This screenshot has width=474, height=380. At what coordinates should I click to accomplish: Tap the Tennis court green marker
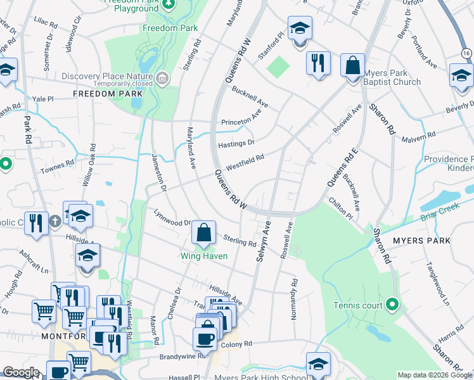[392, 305]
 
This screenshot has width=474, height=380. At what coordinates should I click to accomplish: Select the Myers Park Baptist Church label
[392, 77]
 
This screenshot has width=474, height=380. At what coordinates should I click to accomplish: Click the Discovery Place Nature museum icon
[162, 78]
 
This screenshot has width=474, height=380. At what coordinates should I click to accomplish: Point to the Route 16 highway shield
[466, 55]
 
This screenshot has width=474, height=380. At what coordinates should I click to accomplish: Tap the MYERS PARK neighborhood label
[421, 241]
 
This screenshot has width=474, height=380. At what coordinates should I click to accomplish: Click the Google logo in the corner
[21, 372]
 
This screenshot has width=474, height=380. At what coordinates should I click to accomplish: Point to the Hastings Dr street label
[236, 144]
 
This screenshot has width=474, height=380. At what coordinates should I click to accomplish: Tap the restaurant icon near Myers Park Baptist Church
[318, 64]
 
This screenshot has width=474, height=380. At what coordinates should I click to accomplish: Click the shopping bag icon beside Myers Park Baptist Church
[352, 65]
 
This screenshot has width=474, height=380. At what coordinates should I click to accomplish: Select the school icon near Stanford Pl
[300, 29]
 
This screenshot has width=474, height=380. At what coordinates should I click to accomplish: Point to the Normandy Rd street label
[294, 298]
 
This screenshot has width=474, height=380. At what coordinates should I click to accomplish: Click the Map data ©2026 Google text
[434, 375]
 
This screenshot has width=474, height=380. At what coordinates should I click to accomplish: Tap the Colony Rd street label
[236, 344]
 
